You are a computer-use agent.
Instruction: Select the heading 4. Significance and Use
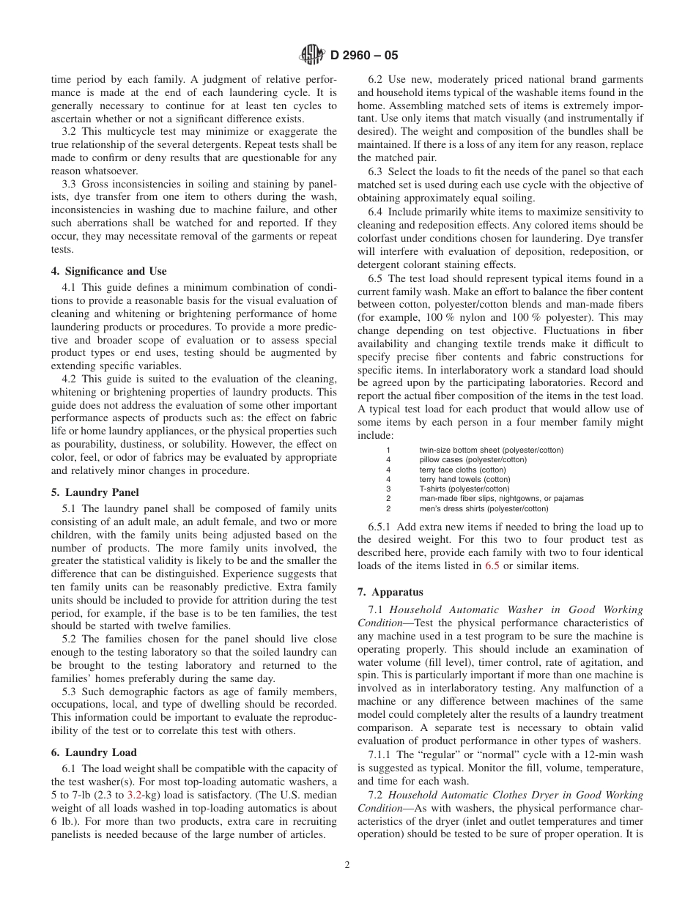[108, 271]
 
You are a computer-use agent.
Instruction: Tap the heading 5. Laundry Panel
[95, 492]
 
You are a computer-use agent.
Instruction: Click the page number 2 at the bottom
[347, 864]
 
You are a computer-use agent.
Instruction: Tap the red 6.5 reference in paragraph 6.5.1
[493, 566]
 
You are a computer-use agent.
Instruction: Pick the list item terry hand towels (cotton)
[464, 479]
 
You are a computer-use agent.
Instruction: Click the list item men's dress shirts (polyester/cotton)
[484, 508]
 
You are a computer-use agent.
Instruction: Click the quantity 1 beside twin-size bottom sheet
[388, 450]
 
